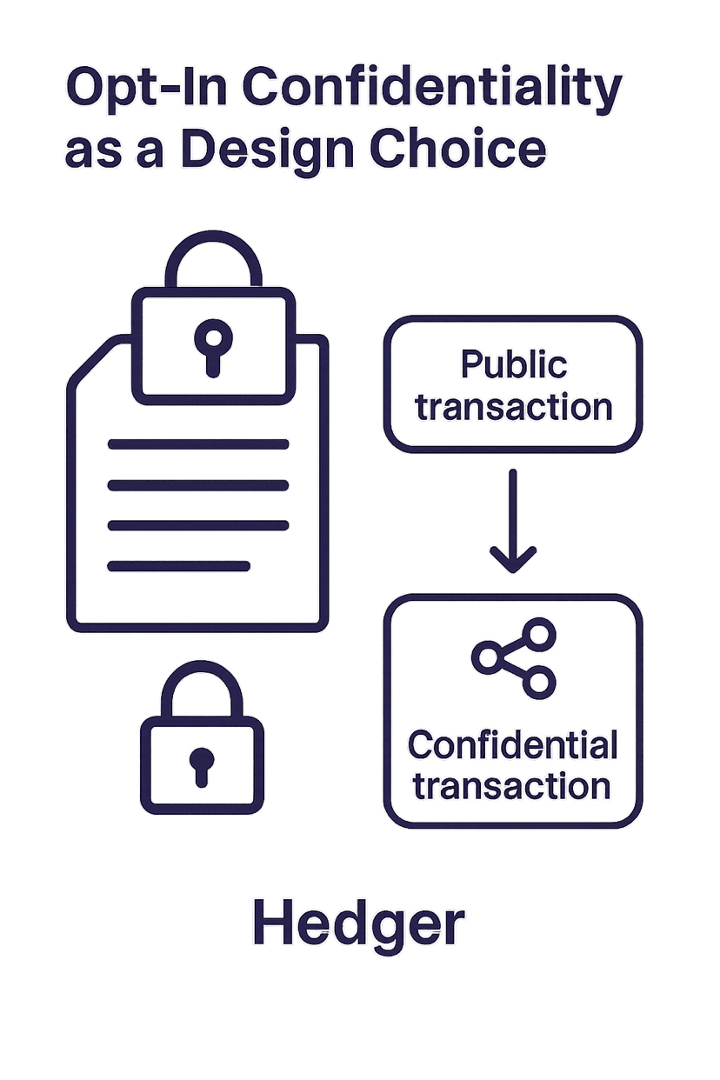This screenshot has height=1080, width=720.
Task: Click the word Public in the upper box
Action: click(x=513, y=364)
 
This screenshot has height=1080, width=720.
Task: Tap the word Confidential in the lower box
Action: click(x=513, y=745)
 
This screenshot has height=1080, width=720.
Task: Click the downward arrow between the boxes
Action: click(x=513, y=523)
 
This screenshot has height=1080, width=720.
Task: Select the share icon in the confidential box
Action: click(x=513, y=657)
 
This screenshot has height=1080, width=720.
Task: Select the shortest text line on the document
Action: click(x=178, y=566)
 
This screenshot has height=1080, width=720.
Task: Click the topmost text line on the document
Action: click(x=197, y=444)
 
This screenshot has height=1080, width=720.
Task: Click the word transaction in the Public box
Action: click(x=513, y=407)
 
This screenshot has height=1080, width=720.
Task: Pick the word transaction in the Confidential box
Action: click(x=513, y=786)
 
